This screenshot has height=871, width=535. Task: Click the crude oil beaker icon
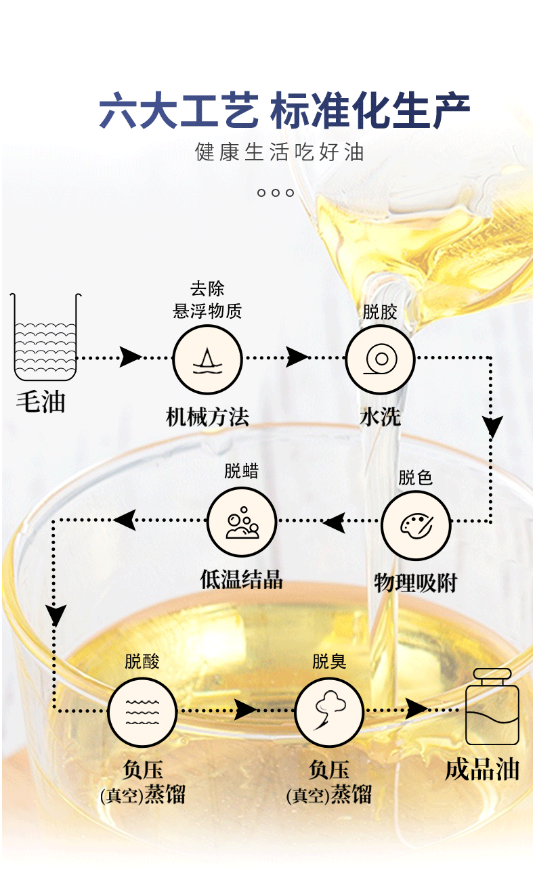coord(45,337)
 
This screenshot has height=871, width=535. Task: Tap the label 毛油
coord(41,402)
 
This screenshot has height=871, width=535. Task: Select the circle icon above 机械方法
coord(207,359)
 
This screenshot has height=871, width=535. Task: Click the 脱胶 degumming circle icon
coord(380,359)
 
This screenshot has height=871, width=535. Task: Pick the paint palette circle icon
coord(416,525)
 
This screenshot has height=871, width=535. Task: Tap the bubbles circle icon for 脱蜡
coord(242,522)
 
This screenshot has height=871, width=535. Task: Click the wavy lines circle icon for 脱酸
coord(142,713)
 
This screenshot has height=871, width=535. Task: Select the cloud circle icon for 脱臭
coord(329,713)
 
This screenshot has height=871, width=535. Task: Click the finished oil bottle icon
coord(492,707)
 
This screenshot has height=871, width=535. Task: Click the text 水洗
coord(380,417)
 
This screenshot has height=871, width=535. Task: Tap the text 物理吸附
coord(416,583)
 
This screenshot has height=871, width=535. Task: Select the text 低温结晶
coord(241,579)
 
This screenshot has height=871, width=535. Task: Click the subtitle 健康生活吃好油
coord(280,152)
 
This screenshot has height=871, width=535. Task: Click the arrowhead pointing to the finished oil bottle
coord(416,709)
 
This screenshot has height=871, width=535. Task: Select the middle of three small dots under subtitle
coord(276,192)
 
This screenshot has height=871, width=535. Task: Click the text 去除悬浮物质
coord(207,300)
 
